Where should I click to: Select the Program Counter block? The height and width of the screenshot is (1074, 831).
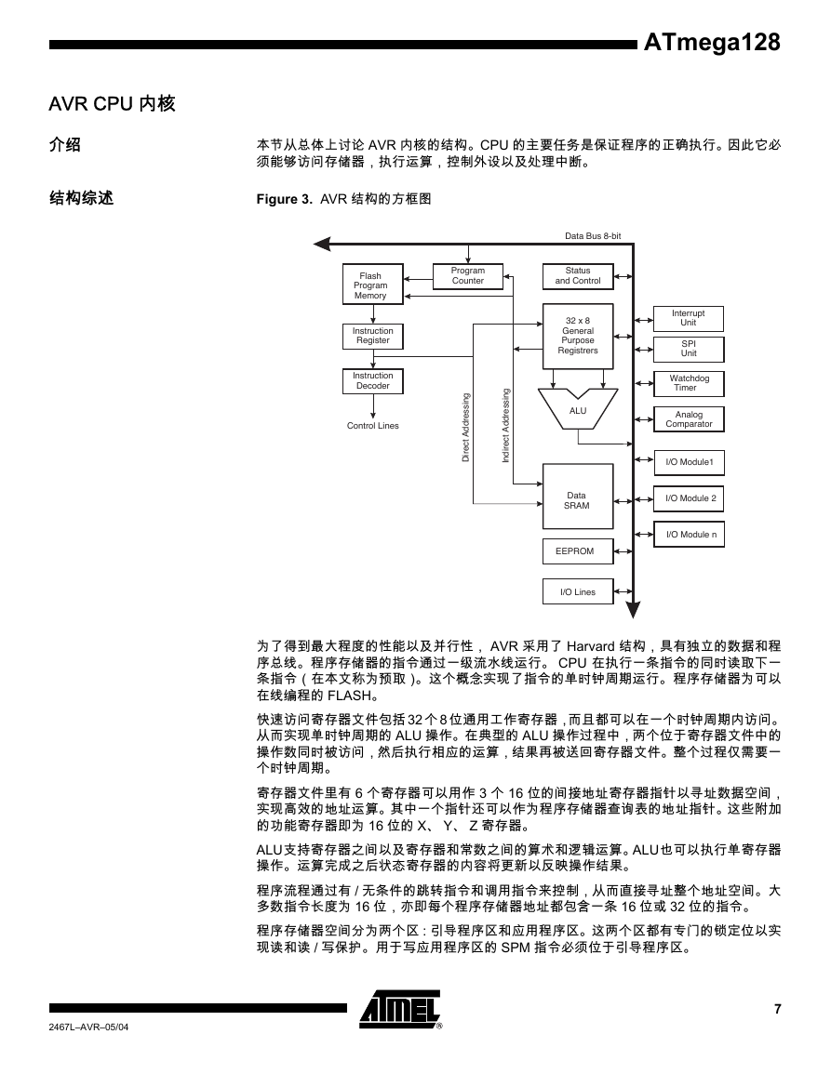[x=468, y=276]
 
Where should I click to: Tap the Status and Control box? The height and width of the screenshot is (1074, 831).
[x=578, y=276]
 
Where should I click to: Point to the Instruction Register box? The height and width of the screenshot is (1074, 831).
[x=373, y=337]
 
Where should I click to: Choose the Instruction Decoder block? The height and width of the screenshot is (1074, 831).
[x=373, y=381]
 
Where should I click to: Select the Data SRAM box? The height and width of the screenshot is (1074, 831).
[x=578, y=497]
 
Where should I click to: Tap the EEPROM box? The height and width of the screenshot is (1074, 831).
[x=578, y=551]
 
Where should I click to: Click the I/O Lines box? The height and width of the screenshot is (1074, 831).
[x=578, y=591]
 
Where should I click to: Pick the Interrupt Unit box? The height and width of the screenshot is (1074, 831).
[x=689, y=319]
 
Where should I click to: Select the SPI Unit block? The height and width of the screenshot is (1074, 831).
[x=689, y=350]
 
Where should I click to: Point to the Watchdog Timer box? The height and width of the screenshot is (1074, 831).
[x=689, y=383]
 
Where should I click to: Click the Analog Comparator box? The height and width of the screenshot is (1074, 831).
[x=689, y=419]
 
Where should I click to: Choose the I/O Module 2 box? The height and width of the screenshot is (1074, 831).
[x=689, y=498]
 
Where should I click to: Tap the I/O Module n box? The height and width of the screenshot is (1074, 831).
[x=689, y=535]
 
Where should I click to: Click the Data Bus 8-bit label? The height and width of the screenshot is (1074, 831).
[x=593, y=236]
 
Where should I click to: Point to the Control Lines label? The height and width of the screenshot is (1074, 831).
[x=373, y=426]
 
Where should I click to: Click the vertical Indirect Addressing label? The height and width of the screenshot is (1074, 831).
[x=506, y=425]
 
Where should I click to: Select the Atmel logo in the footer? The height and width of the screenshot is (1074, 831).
[x=401, y=1009]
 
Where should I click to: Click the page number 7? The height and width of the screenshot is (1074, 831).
[x=778, y=1009]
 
